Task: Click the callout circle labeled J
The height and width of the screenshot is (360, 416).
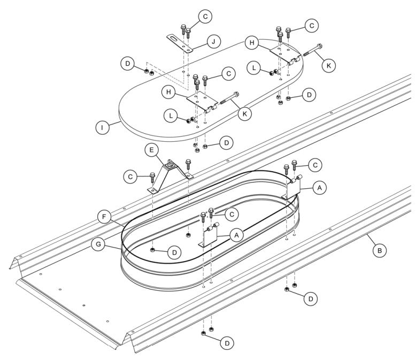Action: coord(213,41)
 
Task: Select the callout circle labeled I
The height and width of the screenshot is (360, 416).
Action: coord(102,128)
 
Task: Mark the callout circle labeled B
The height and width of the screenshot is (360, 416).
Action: coord(379,249)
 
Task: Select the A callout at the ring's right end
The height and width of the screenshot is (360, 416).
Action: coord(319,188)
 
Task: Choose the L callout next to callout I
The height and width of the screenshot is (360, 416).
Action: coord(171,116)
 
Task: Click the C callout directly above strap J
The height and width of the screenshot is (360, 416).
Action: coord(204,16)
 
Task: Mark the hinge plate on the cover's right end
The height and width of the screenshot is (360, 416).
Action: coord(281,52)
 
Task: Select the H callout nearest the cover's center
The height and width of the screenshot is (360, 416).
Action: coord(170,91)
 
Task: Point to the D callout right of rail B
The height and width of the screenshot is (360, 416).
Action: coord(310,298)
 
